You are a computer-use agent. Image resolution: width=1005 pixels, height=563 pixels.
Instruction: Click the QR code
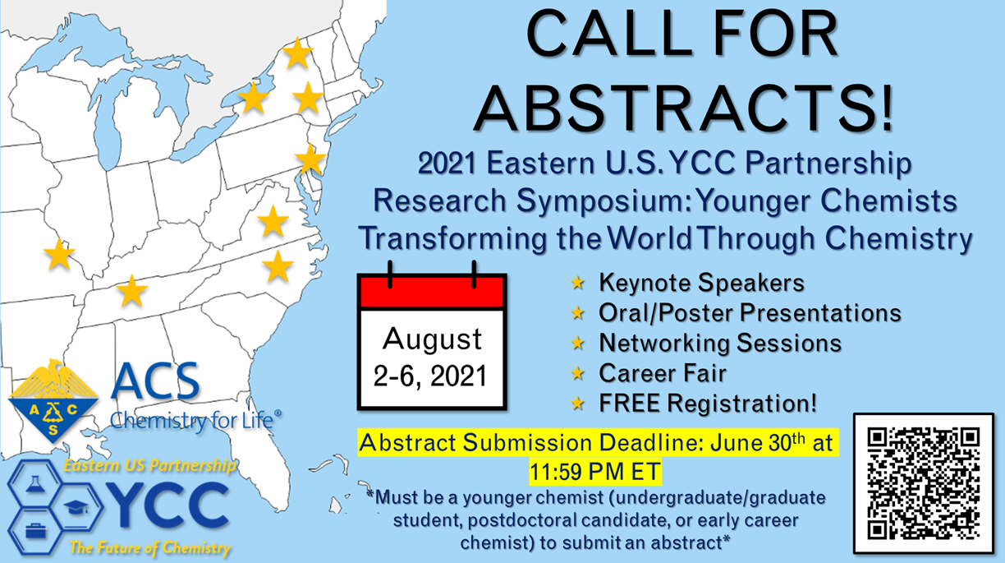924,483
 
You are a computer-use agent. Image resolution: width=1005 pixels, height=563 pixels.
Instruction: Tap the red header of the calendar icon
432,292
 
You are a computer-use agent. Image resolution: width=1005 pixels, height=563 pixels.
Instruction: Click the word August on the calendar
432,339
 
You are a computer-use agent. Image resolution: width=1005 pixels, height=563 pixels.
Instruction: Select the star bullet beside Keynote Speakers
577,283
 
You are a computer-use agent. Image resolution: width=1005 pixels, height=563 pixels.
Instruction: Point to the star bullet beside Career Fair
577,373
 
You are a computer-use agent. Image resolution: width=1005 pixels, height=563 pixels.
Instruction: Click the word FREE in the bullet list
630,403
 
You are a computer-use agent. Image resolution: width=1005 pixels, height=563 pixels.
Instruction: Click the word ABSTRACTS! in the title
684,108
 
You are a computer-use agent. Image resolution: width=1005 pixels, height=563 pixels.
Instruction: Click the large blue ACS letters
155,381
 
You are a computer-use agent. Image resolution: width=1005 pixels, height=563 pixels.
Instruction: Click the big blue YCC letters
167,505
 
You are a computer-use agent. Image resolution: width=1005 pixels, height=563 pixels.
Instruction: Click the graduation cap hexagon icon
76,508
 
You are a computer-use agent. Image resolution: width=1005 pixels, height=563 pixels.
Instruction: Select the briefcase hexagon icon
35,532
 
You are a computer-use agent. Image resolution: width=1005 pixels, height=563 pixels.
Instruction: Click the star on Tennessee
132,291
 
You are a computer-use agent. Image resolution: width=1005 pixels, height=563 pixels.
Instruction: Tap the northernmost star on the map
297,53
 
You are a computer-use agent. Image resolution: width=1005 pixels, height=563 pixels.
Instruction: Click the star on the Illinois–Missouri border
59,254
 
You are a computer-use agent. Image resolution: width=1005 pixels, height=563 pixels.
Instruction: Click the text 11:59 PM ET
595,472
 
